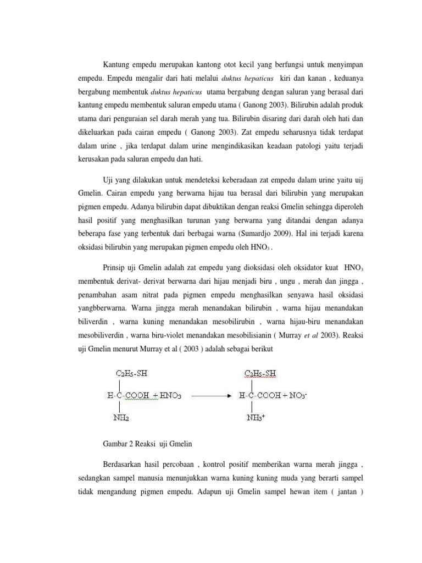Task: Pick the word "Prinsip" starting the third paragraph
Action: click(115, 268)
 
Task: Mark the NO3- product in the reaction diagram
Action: click(296, 395)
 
